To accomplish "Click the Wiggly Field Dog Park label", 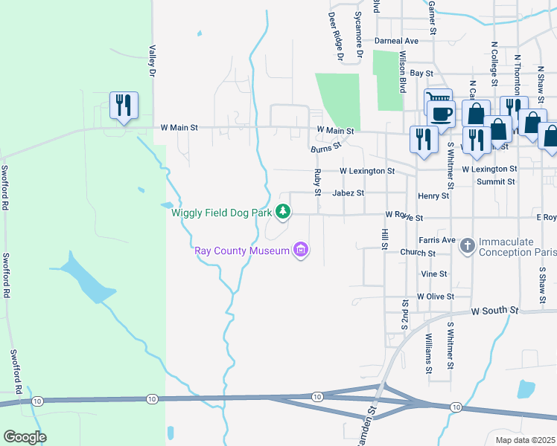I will [x=221, y=213].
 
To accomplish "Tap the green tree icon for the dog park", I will [x=283, y=213].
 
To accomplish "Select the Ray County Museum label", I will [x=242, y=251].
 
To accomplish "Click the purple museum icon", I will [x=301, y=251].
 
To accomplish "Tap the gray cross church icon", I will [x=467, y=244].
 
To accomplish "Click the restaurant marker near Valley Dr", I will [x=124, y=106].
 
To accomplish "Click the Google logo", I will [x=25, y=437].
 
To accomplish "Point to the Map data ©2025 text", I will [x=525, y=440].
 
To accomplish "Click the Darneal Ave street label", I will [x=397, y=41].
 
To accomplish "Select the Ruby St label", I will [x=318, y=181].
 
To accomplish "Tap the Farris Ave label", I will [x=437, y=240].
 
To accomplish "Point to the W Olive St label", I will [x=436, y=296].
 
